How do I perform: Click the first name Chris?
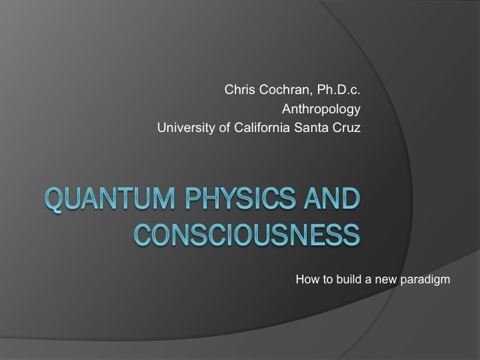coord(240,91)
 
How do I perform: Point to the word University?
coord(184,128)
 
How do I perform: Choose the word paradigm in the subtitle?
coord(428,282)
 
